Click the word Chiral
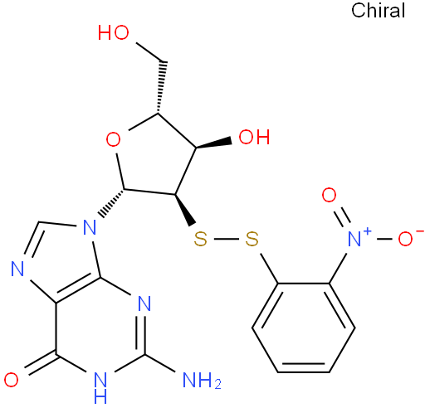tap(378, 11)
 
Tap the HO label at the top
tap(114, 32)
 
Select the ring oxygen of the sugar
tap(114, 139)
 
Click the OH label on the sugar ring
tap(254, 137)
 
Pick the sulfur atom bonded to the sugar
tap(200, 239)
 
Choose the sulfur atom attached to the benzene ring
tap(252, 239)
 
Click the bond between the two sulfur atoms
tap(227, 239)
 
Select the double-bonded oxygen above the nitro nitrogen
tap(329, 195)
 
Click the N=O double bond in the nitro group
tap(343, 216)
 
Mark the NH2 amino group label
tap(202, 381)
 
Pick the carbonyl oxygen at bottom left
tap(11, 380)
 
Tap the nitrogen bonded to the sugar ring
tap(90, 227)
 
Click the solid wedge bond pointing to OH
tap(214, 143)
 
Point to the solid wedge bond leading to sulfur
tap(185, 210)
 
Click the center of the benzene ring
tap(304, 328)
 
